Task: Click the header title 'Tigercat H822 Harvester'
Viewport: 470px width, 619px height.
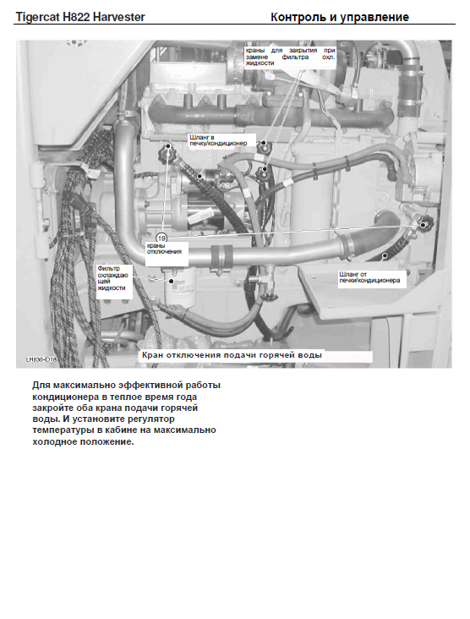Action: (80, 17)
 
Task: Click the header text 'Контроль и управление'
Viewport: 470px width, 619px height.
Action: (339, 17)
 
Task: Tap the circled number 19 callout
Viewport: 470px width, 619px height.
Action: (161, 238)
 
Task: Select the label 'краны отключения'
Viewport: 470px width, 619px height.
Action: (164, 249)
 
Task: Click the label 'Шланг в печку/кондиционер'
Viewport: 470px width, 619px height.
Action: (218, 140)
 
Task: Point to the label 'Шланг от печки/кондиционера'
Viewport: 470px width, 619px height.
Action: (369, 277)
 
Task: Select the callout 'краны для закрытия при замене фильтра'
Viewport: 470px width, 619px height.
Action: (291, 57)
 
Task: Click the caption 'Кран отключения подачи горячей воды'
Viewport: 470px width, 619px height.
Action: (232, 355)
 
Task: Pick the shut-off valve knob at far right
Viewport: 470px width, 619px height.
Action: (425, 224)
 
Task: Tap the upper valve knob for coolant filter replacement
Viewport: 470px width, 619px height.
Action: (264, 146)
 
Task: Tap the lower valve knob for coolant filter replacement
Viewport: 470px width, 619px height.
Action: (262, 173)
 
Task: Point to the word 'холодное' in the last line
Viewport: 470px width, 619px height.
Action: (55, 441)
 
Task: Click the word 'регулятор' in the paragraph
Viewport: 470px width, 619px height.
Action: (151, 419)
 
